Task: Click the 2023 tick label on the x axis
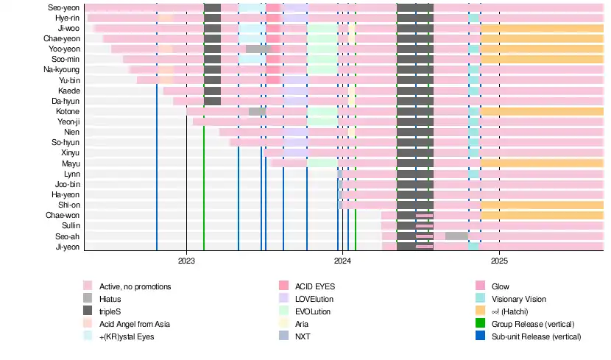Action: (x=186, y=260)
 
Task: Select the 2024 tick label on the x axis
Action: (x=342, y=260)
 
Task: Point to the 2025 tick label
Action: (x=499, y=260)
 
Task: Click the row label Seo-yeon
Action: (x=65, y=7)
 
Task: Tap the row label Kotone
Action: (x=68, y=112)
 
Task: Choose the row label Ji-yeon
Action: (x=67, y=247)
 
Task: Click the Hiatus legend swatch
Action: (x=88, y=299)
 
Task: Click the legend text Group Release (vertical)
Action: (x=534, y=324)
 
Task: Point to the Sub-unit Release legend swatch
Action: (x=481, y=336)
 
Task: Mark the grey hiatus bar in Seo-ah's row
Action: (x=456, y=236)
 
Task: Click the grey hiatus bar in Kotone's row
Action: (x=257, y=112)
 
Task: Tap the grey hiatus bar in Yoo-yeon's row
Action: (x=258, y=49)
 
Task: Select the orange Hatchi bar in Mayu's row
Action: (x=542, y=163)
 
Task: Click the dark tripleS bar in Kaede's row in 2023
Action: (x=212, y=91)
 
